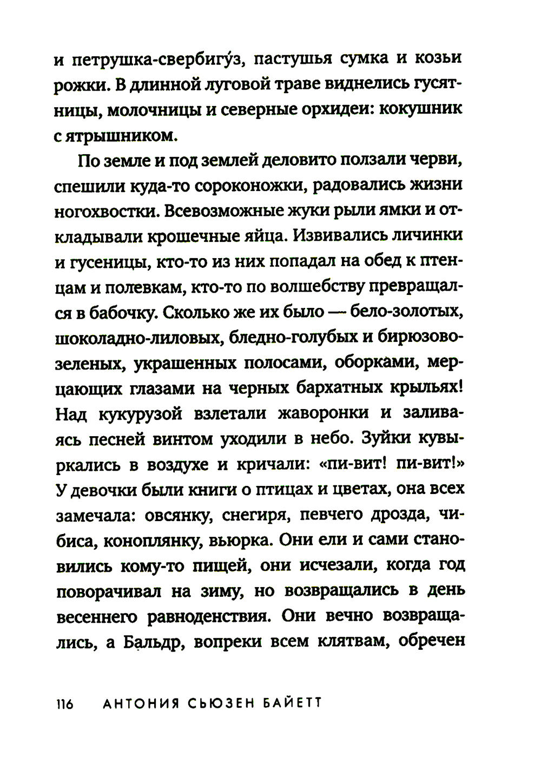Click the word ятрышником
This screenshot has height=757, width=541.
point(122,136)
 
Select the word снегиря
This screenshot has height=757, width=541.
point(253,516)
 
